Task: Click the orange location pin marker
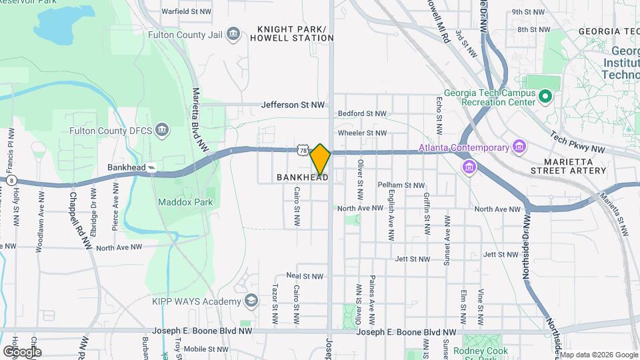(320, 159)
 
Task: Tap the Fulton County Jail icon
(233, 34)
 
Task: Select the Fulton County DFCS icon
(161, 129)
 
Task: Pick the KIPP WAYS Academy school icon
(251, 301)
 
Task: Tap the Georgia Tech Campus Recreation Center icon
(545, 97)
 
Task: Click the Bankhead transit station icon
(152, 167)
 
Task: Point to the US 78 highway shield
(303, 151)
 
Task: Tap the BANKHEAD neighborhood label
(302, 177)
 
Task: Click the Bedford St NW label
(362, 114)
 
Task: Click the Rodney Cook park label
(480, 351)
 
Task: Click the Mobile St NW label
(205, 349)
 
